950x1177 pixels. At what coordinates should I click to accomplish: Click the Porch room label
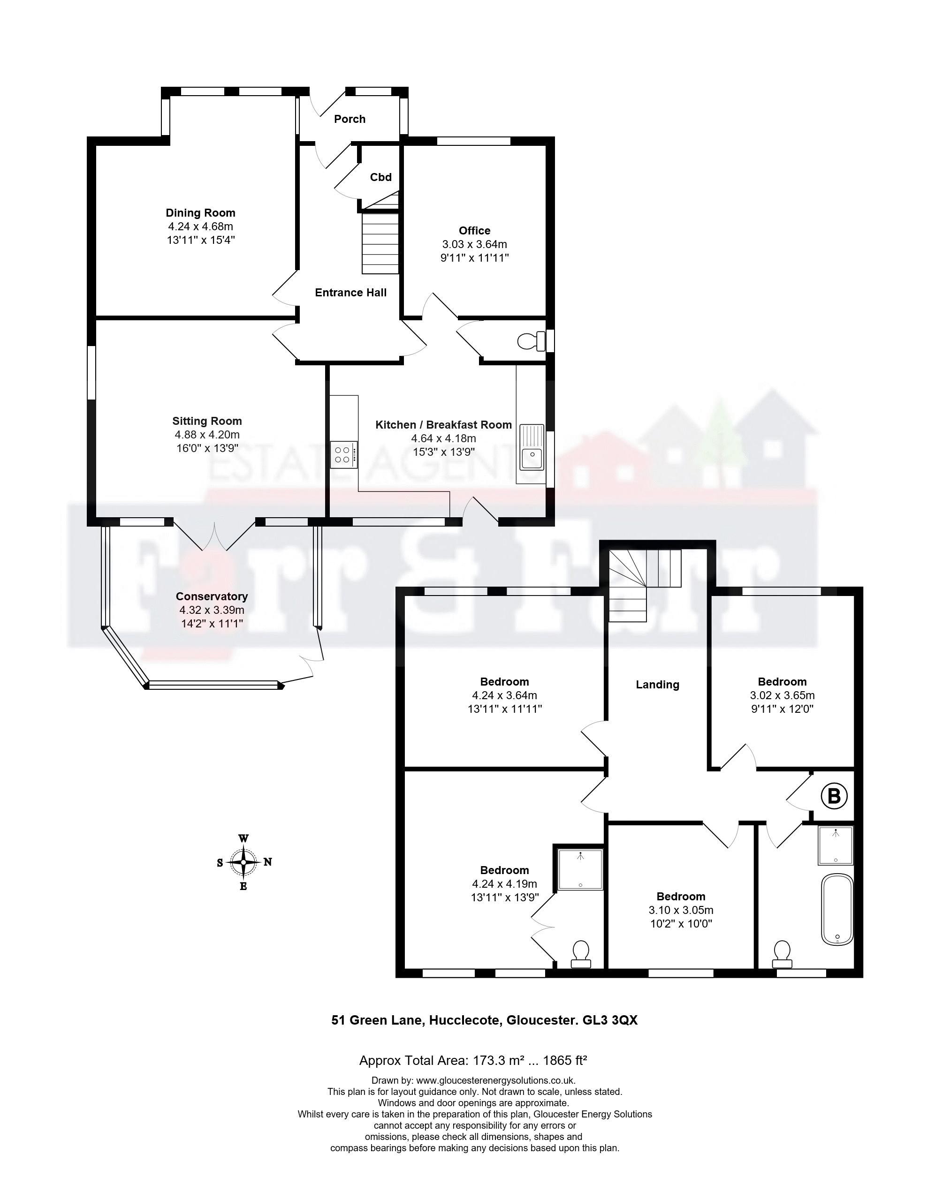coord(350,119)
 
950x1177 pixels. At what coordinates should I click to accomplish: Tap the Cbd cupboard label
coord(381,177)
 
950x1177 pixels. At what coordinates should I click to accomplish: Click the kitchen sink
coord(532,447)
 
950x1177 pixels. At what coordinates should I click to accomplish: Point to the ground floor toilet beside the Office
coord(532,341)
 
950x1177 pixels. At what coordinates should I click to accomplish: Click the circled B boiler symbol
coord(834,796)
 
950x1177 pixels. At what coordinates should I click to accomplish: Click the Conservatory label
coord(212,596)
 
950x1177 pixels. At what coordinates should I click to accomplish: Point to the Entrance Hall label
coord(351,293)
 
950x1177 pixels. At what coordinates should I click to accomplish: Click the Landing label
coord(657,685)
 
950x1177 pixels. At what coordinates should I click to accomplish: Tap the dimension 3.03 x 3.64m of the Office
coord(474,244)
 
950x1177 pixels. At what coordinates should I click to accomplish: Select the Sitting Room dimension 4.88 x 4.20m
coord(207,435)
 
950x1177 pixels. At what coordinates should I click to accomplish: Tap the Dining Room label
coord(201,213)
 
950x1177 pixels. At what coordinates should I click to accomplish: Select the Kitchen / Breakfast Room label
coord(444,425)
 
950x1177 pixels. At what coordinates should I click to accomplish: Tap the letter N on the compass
coord(267,862)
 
